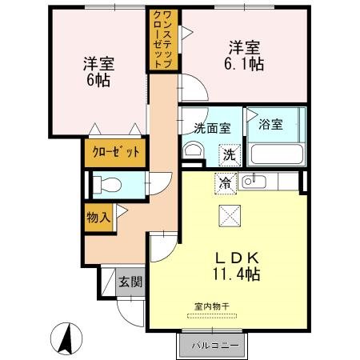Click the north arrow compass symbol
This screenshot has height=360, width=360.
(66, 338)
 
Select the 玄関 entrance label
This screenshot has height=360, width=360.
(130, 282)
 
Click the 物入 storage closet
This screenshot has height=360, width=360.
(98, 218)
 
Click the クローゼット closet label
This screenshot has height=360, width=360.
(116, 152)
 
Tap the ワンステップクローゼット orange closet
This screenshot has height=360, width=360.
(163, 39)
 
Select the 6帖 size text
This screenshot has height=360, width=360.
(98, 80)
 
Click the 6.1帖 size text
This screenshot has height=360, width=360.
(244, 64)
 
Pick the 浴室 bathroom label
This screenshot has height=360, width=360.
(270, 124)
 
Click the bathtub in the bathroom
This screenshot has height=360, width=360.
(277, 154)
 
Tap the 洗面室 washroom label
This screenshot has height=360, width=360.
(212, 128)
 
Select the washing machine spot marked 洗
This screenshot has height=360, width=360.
(230, 155)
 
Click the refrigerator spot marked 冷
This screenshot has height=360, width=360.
(226, 183)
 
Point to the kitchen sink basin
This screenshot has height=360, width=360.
(254, 182)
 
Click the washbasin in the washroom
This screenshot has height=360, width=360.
(194, 150)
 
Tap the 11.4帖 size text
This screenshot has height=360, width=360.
(237, 274)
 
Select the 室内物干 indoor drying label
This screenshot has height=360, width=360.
(212, 306)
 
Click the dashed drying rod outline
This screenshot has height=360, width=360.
(212, 316)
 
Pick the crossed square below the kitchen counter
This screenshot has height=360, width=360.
(230, 216)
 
